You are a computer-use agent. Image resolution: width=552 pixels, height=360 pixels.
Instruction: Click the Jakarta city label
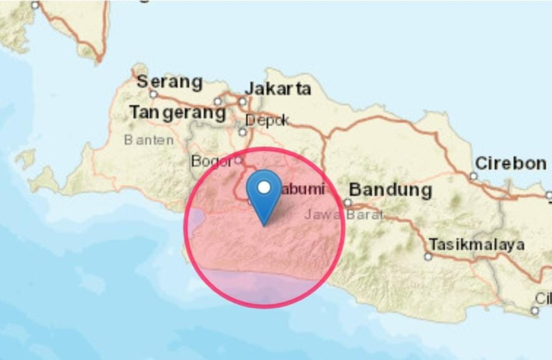[278, 88]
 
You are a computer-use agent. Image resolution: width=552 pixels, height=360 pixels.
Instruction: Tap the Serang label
[170, 81]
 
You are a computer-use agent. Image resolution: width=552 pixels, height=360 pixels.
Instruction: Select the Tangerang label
[177, 112]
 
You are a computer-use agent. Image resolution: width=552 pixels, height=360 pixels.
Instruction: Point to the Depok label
[267, 121]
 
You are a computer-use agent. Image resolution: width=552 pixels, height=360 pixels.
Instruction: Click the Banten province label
[149, 140]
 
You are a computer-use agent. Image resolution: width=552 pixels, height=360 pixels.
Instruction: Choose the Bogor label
[212, 161]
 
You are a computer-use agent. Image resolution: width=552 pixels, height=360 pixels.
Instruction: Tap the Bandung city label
[390, 190]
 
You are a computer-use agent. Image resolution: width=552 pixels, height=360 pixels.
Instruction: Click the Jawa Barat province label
[344, 214]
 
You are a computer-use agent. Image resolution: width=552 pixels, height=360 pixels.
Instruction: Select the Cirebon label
[511, 163]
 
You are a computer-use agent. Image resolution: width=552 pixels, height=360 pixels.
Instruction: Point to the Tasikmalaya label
[476, 244]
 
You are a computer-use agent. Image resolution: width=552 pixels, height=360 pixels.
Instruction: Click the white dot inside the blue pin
[264, 188]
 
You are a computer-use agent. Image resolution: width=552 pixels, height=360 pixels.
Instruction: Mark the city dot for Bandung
[348, 202]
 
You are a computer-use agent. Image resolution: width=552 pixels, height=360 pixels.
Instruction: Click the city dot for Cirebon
[473, 176]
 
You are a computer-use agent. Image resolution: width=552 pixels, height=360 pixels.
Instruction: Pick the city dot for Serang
[153, 94]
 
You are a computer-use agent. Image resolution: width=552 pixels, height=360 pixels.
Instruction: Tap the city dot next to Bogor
[238, 160]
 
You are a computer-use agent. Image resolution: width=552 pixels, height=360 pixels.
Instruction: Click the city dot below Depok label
[242, 132]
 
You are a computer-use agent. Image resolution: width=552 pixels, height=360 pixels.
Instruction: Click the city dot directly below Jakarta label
[242, 102]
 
